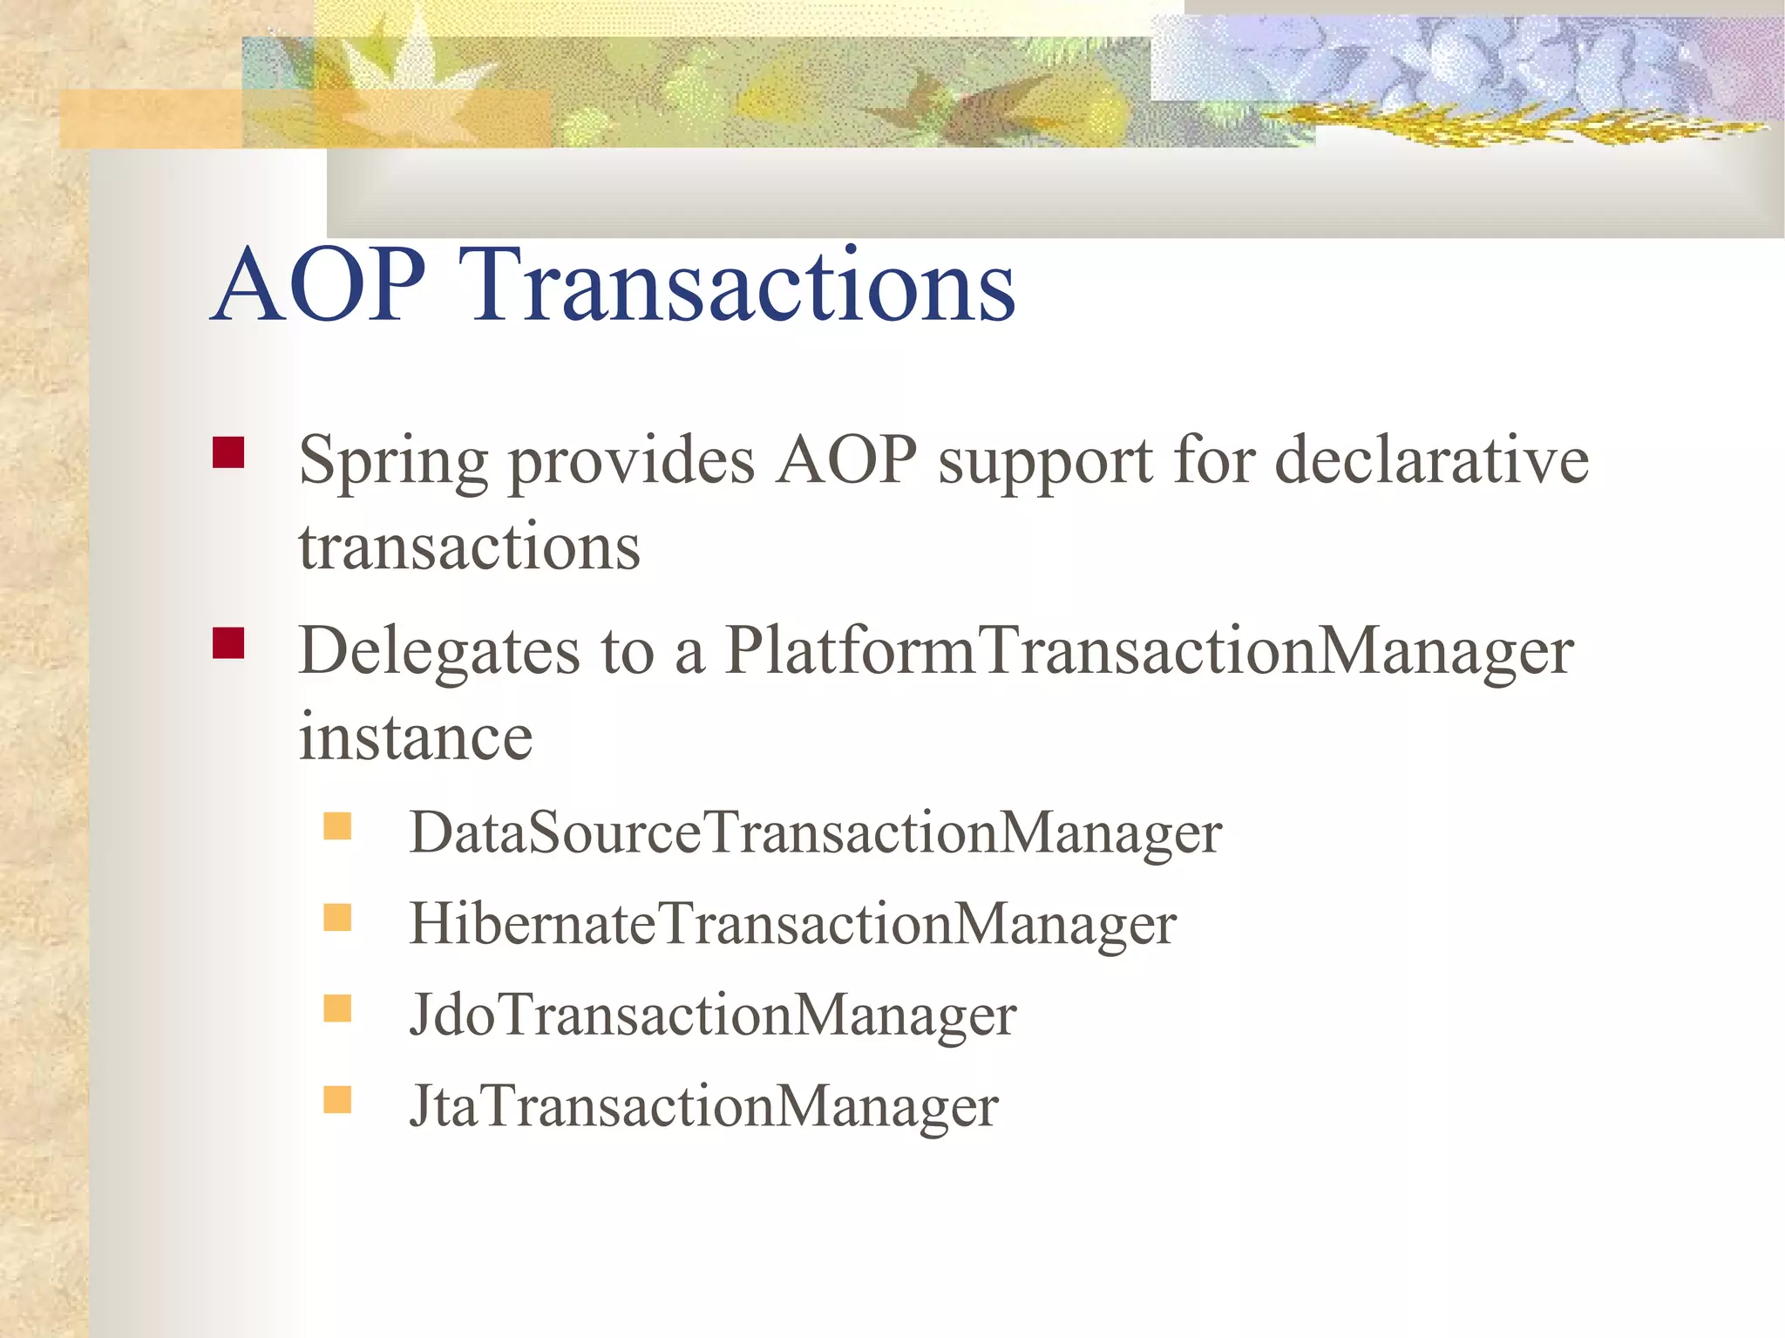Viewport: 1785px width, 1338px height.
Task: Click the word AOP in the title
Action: pyautogui.click(x=319, y=284)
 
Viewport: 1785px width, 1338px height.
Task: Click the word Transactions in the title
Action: pyautogui.click(x=742, y=284)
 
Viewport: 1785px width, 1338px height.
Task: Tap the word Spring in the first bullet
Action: pyautogui.click(x=392, y=462)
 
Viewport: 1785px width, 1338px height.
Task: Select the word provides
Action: pyautogui.click(x=631, y=462)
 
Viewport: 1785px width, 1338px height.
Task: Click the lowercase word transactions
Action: pyautogui.click(x=470, y=547)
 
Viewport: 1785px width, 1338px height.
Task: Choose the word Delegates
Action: pyautogui.click(x=438, y=652)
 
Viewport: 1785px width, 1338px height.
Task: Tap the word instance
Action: pyautogui.click(x=415, y=737)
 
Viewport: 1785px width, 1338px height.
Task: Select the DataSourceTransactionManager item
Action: pyautogui.click(x=815, y=832)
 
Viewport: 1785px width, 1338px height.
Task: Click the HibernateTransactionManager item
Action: pyautogui.click(x=792, y=924)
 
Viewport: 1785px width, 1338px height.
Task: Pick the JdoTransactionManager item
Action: pyautogui.click(x=712, y=1015)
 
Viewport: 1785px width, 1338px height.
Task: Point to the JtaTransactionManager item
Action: pyautogui.click(x=703, y=1106)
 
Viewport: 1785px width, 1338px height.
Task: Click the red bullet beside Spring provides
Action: pyautogui.click(x=228, y=452)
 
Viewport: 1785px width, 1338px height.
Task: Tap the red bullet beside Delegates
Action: pyautogui.click(x=228, y=643)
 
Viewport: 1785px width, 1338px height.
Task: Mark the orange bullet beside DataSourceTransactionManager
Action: pyautogui.click(x=337, y=825)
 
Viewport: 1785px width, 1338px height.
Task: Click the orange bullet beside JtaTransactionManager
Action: pyautogui.click(x=337, y=1099)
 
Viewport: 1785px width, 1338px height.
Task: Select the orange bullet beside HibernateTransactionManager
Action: pyautogui.click(x=337, y=917)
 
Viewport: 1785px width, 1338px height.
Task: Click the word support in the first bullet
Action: pyautogui.click(x=1045, y=462)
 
